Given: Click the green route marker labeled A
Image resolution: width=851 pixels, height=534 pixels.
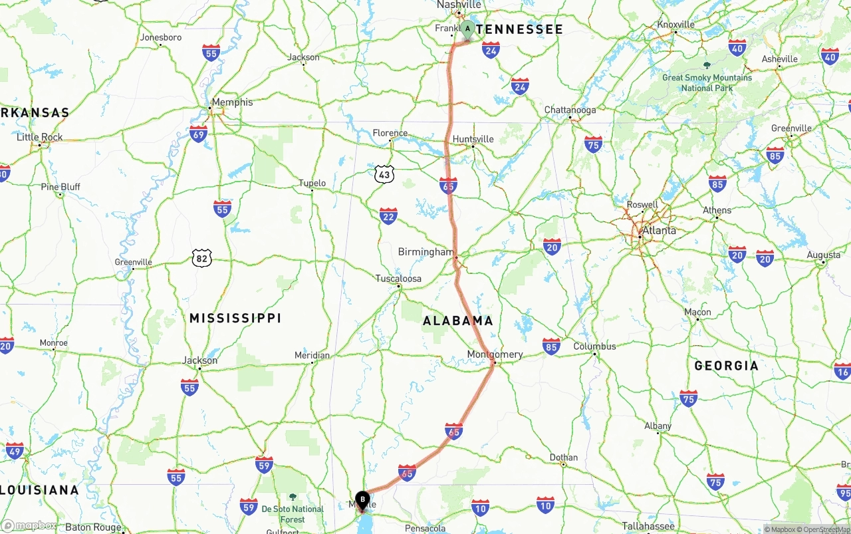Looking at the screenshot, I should click(x=467, y=29).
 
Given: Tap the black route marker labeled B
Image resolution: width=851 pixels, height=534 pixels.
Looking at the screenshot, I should click(x=362, y=499).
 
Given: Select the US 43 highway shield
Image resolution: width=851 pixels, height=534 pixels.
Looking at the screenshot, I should click(x=384, y=174).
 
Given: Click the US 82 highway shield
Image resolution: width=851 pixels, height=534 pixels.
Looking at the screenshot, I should click(x=202, y=258).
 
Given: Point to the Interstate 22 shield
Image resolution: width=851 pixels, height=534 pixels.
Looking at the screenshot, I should click(x=388, y=215).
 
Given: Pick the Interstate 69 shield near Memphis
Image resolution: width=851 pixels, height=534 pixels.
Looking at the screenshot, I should click(x=198, y=134).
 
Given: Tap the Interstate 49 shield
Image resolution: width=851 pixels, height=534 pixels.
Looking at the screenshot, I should click(x=15, y=450).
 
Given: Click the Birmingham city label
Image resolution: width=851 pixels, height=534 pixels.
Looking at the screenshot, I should click(x=425, y=252).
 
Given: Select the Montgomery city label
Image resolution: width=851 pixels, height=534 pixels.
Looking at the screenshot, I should click(x=495, y=354).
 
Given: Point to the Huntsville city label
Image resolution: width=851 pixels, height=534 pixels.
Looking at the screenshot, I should click(x=473, y=139).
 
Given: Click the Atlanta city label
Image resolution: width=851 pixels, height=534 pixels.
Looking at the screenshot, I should click(x=659, y=231).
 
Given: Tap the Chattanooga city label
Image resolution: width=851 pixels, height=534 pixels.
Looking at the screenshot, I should click(x=570, y=110).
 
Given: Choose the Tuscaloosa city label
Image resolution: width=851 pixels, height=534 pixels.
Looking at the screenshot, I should click(x=398, y=279).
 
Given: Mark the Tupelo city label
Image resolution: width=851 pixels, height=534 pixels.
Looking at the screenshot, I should click(x=312, y=183).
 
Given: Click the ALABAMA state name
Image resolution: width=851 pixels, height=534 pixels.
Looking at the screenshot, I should click(x=458, y=321).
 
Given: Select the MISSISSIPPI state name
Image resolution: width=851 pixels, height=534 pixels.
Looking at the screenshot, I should click(x=235, y=318).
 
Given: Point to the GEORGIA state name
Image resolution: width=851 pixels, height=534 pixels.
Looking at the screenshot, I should click(x=726, y=366).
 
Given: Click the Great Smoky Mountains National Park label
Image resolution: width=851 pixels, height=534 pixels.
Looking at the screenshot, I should click(x=707, y=82).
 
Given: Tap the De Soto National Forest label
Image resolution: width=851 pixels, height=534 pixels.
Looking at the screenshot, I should click(x=293, y=514).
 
